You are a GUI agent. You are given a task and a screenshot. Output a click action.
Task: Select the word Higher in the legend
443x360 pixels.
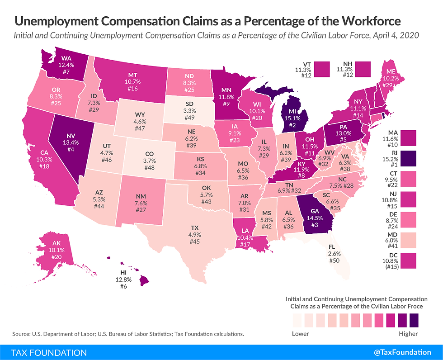click(x=408, y=334)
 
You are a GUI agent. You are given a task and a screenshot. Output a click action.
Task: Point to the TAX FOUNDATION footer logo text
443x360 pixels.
click(x=44, y=352)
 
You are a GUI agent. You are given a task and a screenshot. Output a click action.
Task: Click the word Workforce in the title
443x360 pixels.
click(x=364, y=21)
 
